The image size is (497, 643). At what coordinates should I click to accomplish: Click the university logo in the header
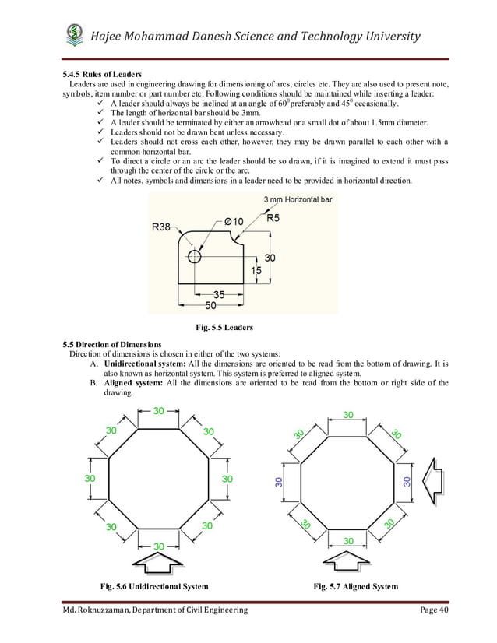click(73, 36)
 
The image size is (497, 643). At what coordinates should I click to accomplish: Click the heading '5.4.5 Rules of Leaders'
click(108, 74)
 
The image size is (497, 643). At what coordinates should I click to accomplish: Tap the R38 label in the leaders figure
click(161, 227)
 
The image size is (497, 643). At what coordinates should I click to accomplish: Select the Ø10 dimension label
click(234, 221)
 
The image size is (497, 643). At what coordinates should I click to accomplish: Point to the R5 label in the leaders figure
click(273, 219)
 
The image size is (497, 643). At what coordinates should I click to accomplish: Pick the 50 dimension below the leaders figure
click(212, 306)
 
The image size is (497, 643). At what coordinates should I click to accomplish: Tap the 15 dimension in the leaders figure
click(256, 270)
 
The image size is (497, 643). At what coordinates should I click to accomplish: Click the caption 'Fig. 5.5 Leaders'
click(224, 327)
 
